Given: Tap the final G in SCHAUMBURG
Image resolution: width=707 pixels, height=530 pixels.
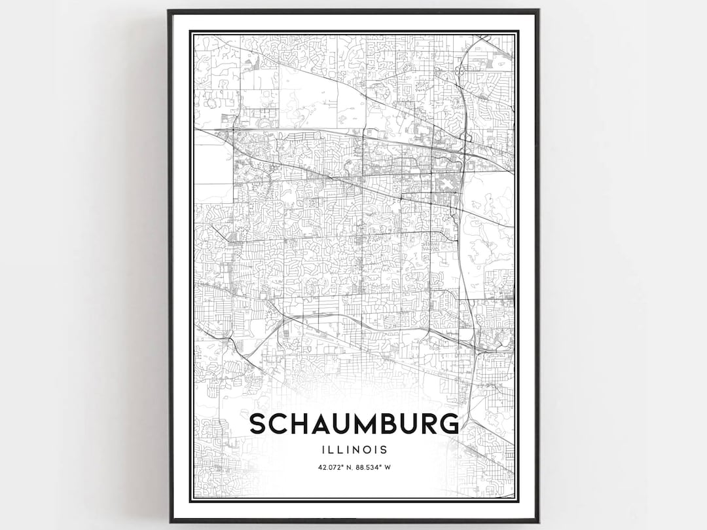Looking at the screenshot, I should [x=448, y=425].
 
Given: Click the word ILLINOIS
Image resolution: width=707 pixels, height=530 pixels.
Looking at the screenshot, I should [x=354, y=450].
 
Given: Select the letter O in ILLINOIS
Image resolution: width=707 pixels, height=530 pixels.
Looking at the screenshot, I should [x=369, y=450].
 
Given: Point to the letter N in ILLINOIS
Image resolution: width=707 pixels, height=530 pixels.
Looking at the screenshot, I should [x=359, y=450].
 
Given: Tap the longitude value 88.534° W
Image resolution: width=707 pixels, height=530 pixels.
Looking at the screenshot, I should [x=372, y=467].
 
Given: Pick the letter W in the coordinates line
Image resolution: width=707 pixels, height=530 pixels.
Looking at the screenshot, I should [x=389, y=467].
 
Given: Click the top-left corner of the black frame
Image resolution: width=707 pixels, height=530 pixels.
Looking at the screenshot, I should [x=169, y=10].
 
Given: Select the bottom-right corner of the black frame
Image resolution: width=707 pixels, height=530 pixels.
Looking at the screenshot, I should [x=538, y=521].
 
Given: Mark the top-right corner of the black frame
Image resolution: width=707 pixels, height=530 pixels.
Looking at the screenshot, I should [x=538, y=10].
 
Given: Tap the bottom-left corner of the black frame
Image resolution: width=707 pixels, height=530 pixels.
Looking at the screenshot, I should [x=169, y=521].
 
